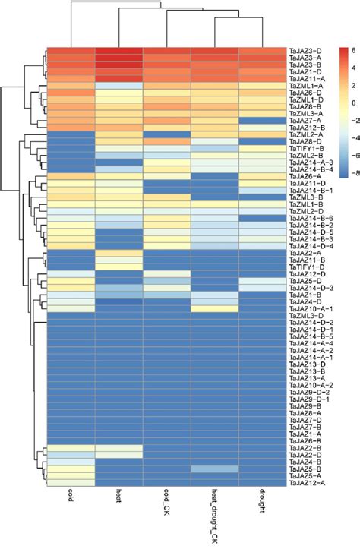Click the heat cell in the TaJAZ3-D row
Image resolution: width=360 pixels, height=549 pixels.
coord(119,49)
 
